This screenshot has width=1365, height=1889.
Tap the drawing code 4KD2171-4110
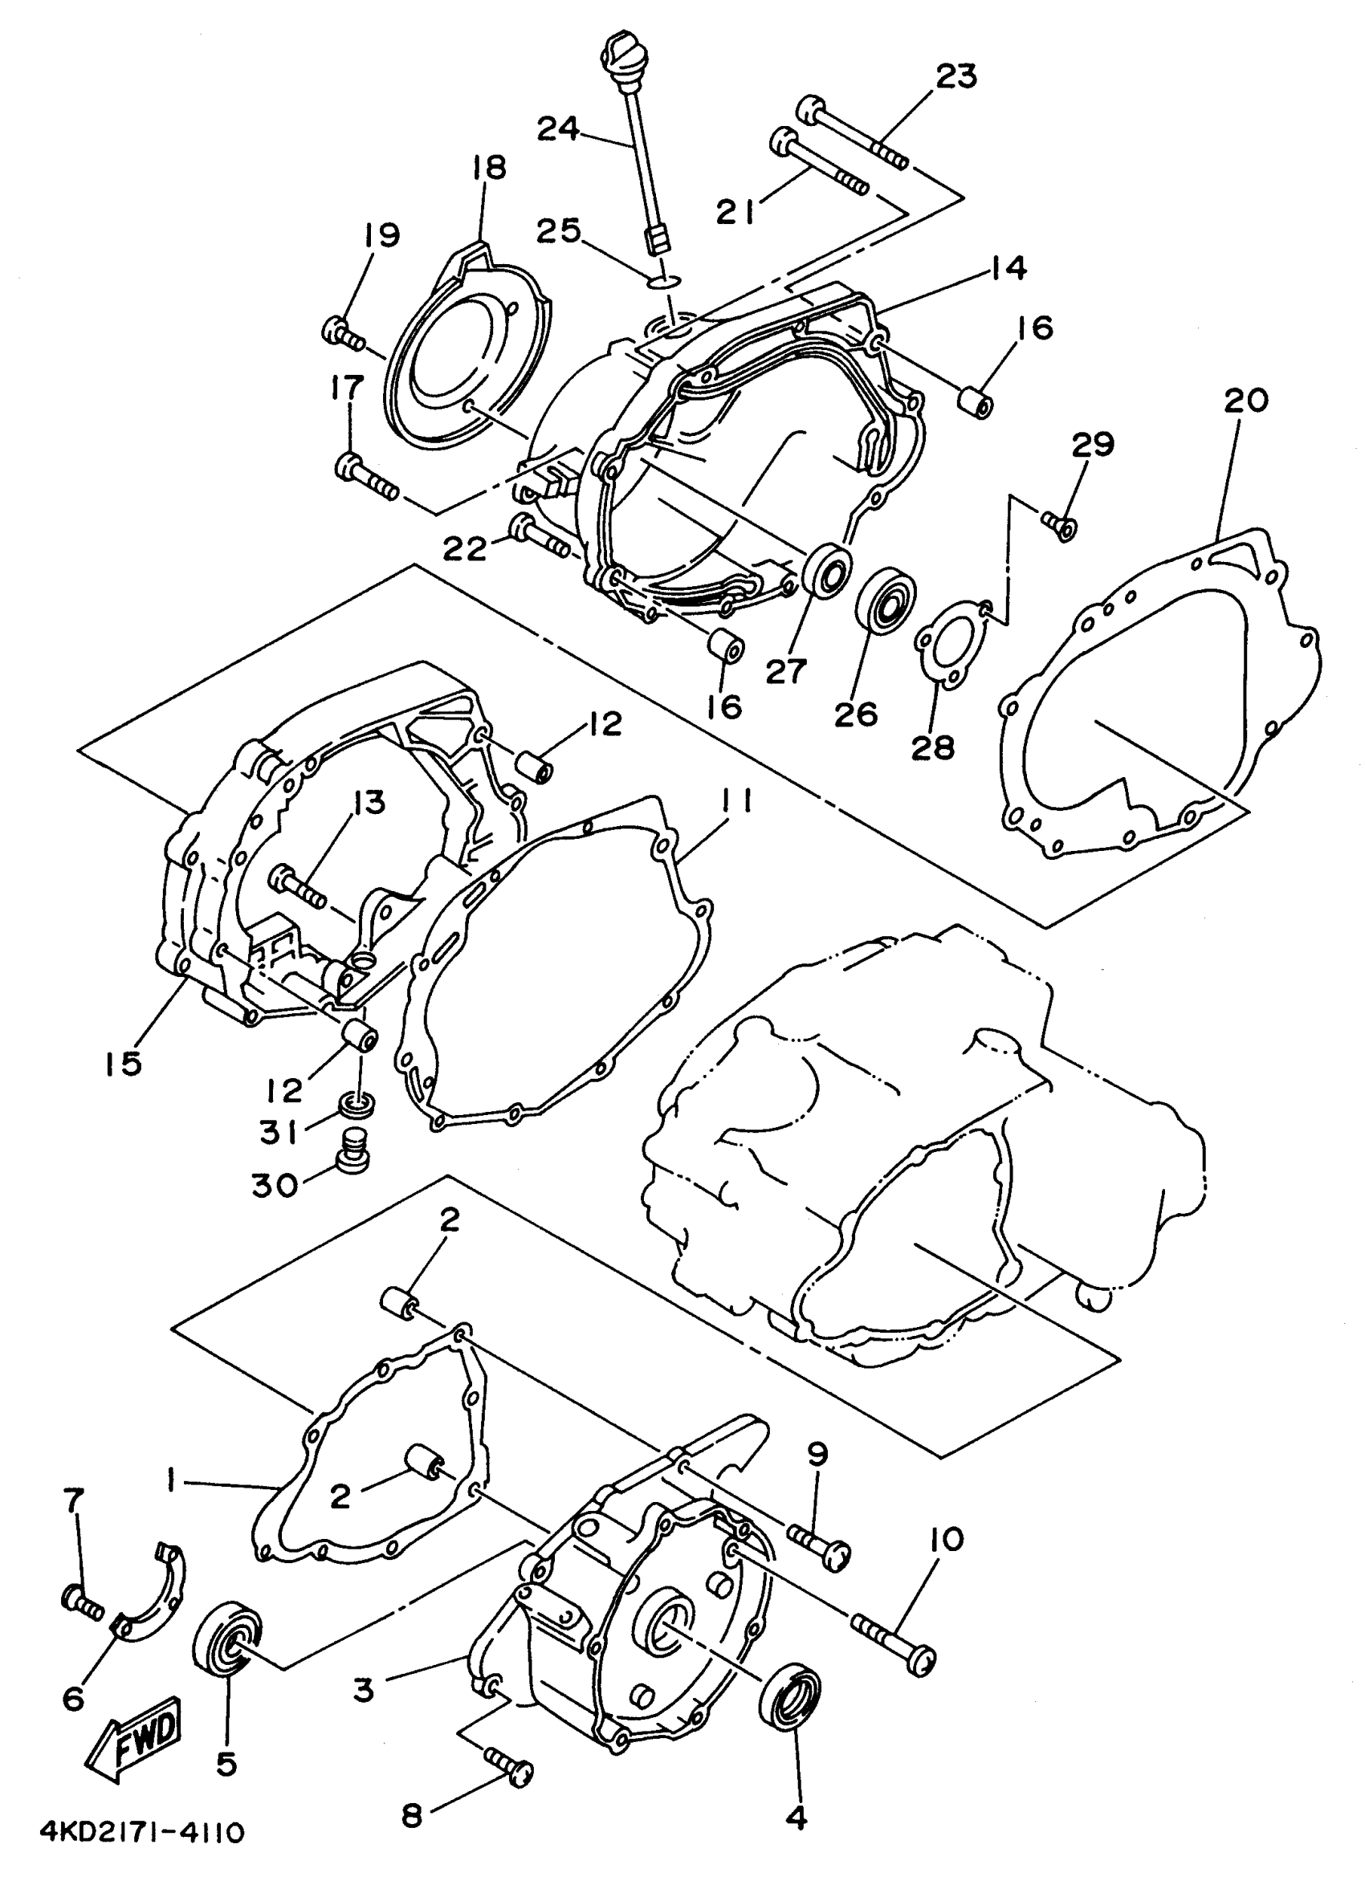pyautogui.click(x=141, y=1850)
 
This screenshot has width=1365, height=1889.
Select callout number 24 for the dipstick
pyautogui.click(x=558, y=129)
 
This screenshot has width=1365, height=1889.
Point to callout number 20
pyautogui.click(x=1246, y=401)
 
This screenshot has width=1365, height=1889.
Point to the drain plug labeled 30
pyautogui.click(x=355, y=1151)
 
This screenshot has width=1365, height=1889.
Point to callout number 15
pyautogui.click(x=124, y=1063)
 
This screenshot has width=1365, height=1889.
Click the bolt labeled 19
pyautogui.click(x=343, y=334)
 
